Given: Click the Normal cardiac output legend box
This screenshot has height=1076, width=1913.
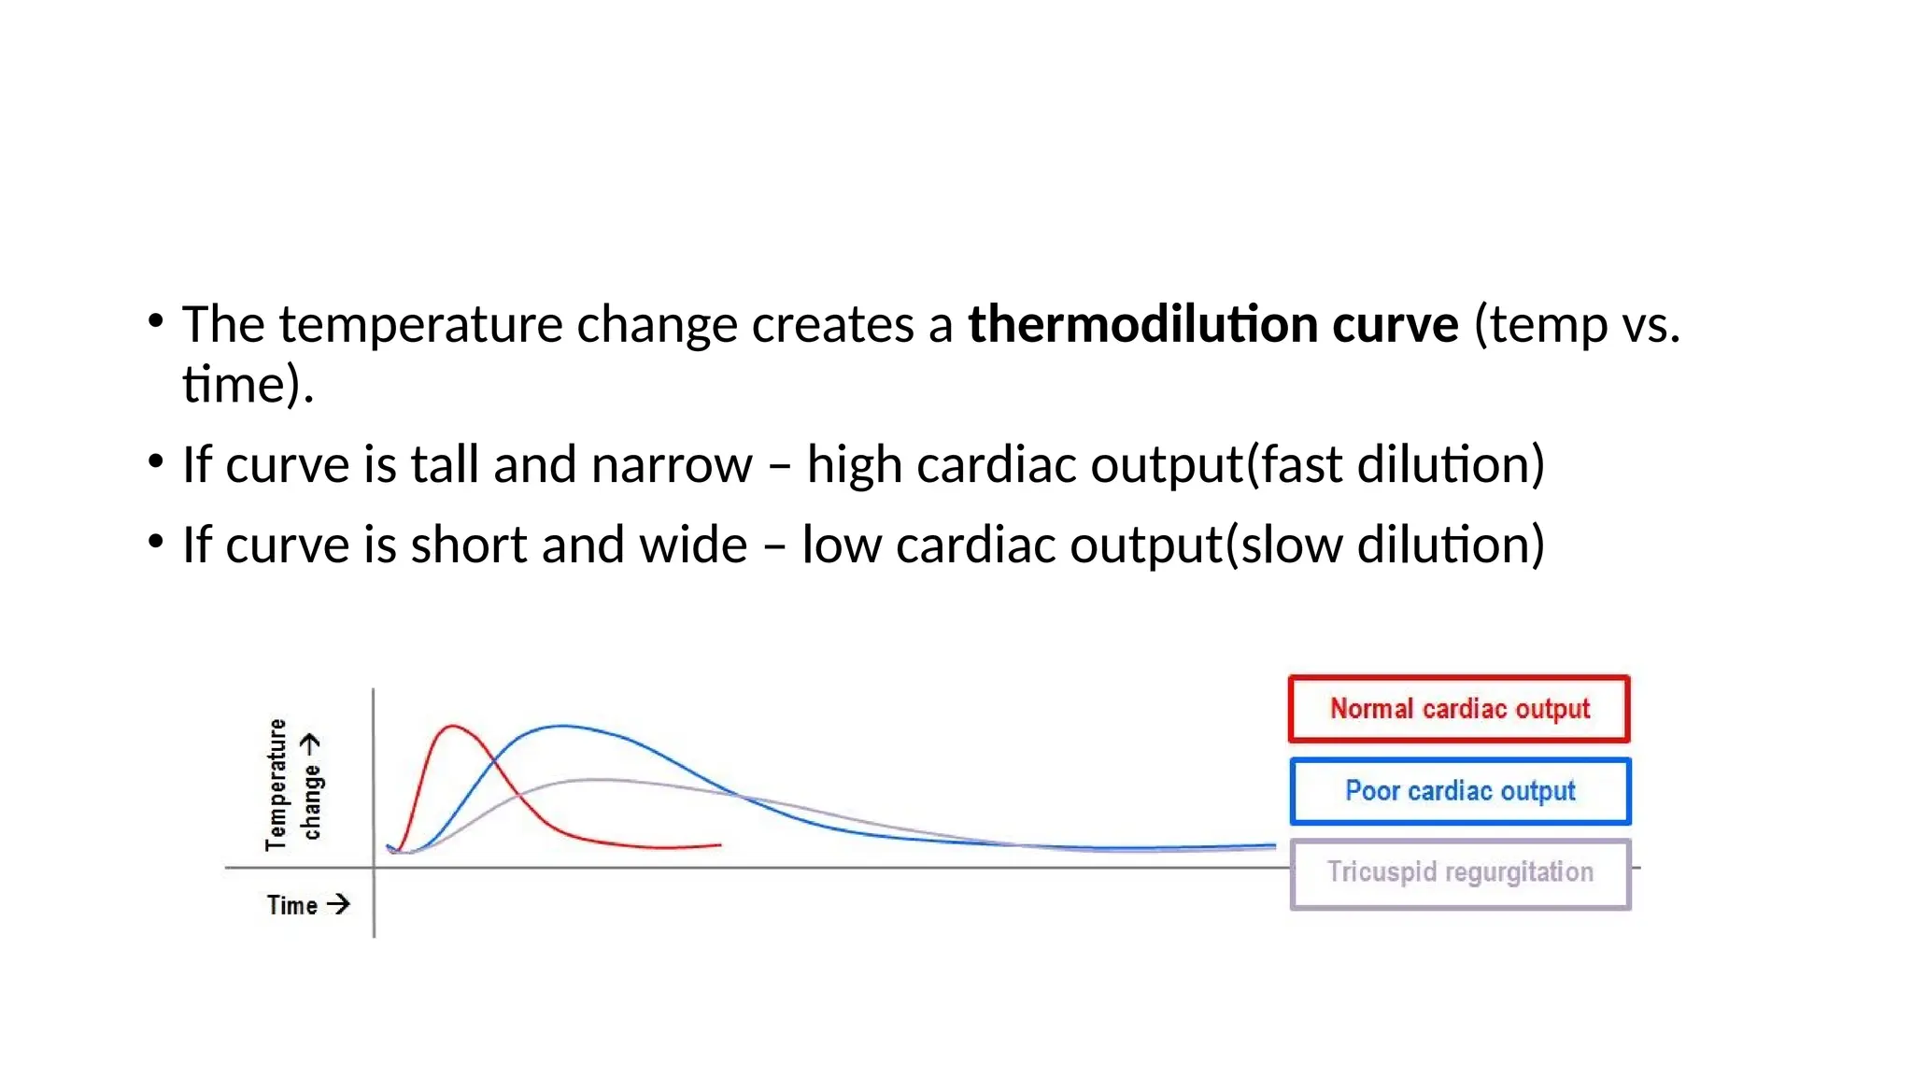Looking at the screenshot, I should click(1459, 709).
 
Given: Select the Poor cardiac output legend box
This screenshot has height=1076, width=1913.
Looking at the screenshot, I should click(1460, 791).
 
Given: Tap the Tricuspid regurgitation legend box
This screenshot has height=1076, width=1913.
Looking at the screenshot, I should click(1460, 872).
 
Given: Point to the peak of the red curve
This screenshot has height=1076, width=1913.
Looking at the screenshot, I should click(453, 726).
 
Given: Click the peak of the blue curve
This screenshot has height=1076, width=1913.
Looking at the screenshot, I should click(561, 726).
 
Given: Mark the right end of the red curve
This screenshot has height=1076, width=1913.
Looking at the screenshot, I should click(719, 844).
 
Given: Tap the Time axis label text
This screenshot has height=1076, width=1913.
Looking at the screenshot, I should click(292, 905).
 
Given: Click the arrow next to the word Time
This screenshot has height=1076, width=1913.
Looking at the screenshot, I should click(338, 904).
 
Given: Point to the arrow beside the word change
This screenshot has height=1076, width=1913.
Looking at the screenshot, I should click(310, 743).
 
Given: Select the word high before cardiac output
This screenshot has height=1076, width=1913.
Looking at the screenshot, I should click(854, 464).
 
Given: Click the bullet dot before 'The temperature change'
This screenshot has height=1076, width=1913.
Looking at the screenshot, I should click(156, 321).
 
